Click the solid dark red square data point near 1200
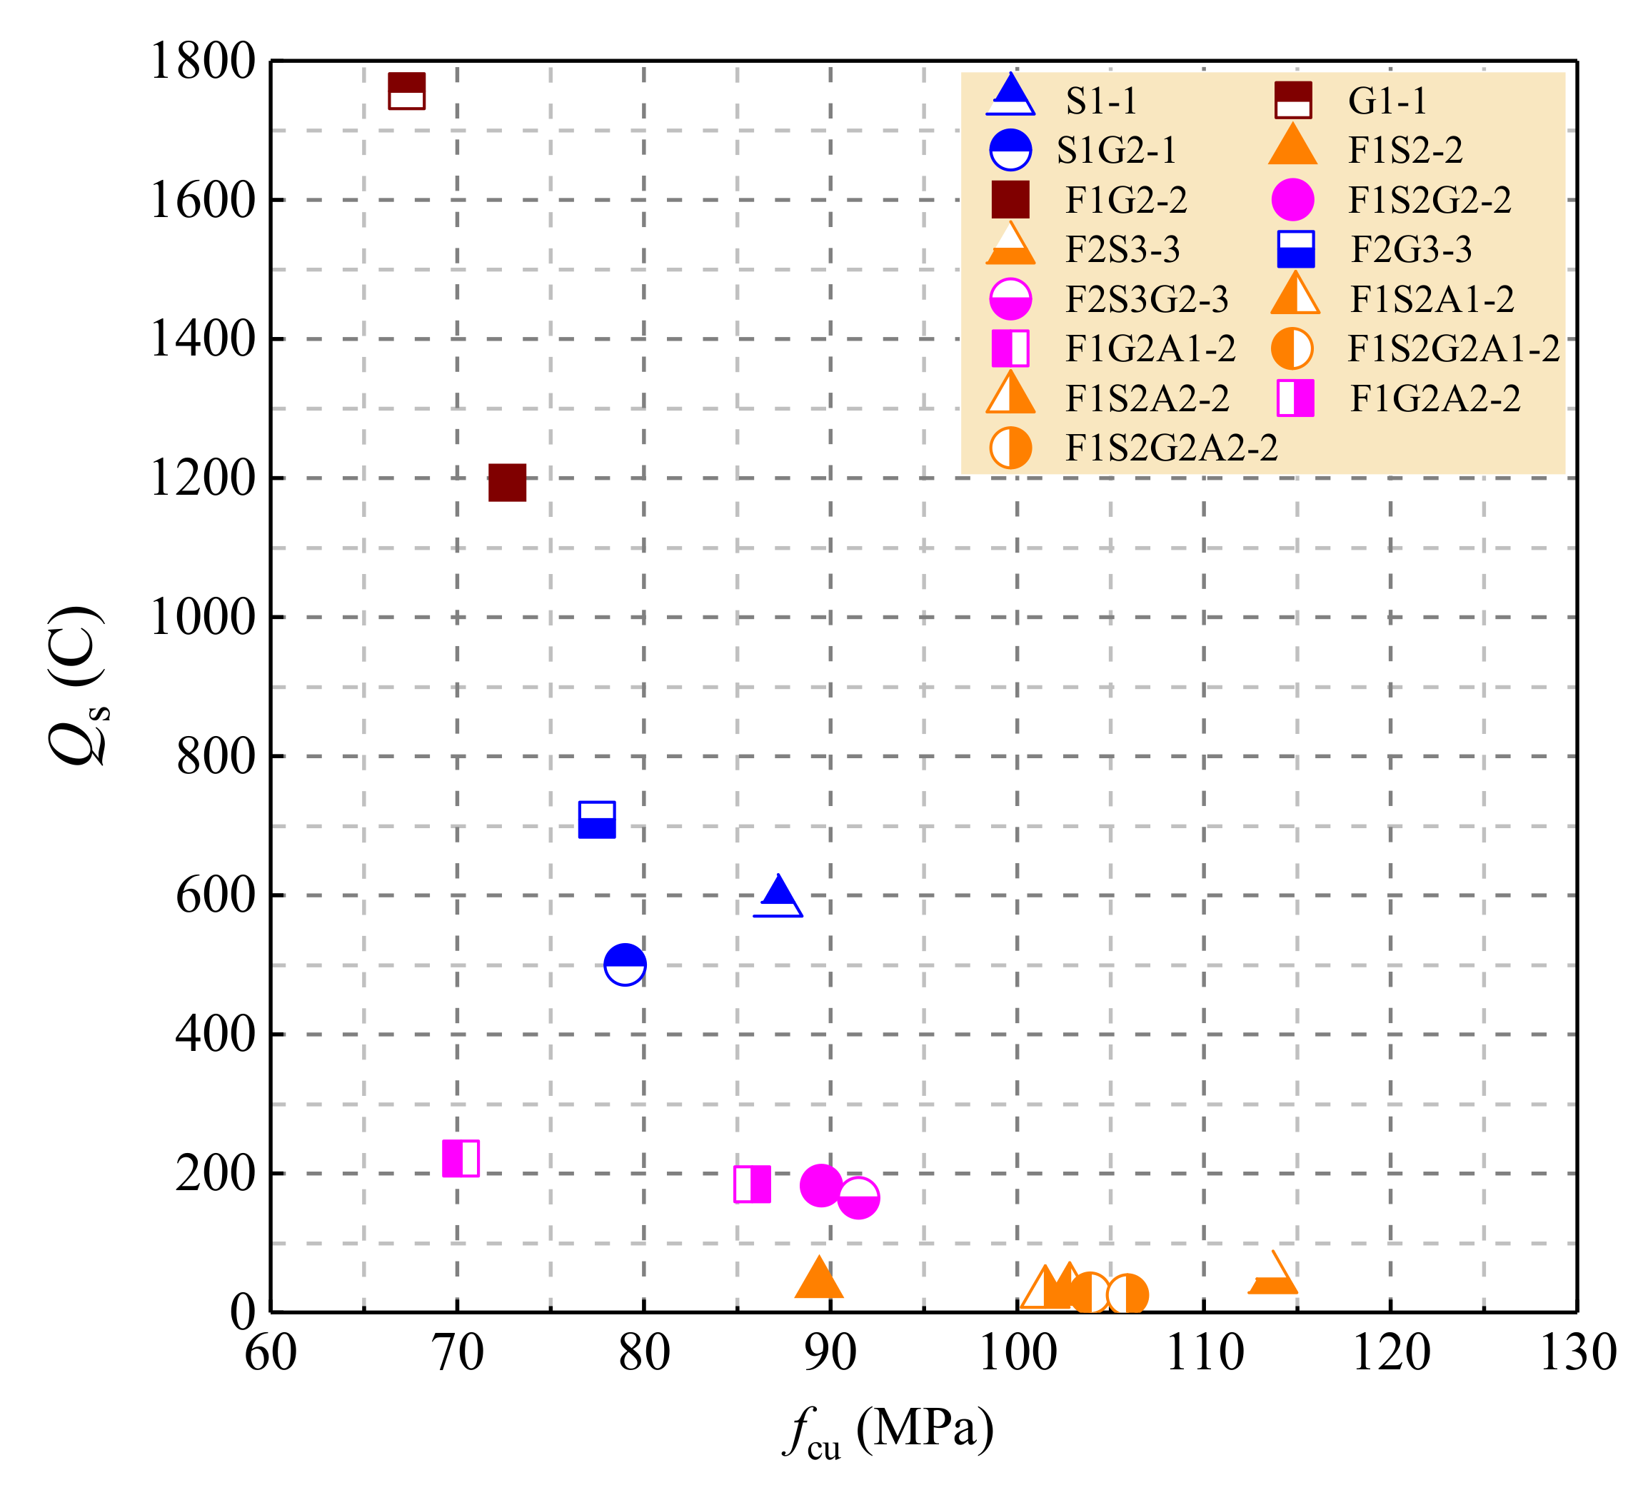point(507,483)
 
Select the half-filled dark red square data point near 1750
point(406,91)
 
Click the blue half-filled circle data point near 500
point(625,965)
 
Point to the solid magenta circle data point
point(820,1184)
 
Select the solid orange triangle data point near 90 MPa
point(818,1279)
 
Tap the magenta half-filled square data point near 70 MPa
point(460,1159)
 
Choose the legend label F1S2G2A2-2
point(1172,448)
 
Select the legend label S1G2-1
point(1117,150)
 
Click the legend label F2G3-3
point(1412,250)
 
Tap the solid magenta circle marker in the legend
point(1293,200)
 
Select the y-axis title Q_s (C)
point(78,685)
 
